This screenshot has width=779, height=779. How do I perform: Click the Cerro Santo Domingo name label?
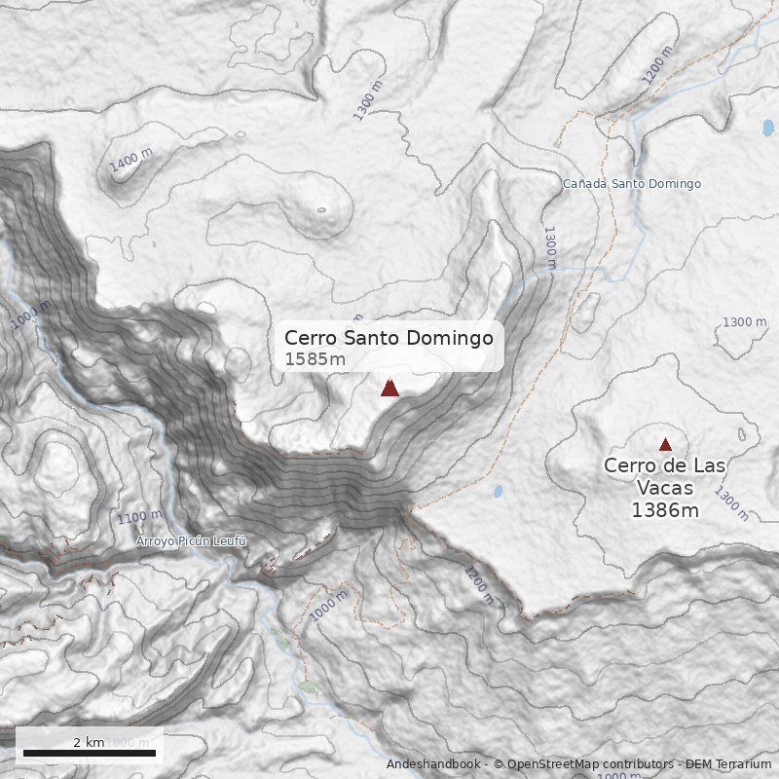point(389,338)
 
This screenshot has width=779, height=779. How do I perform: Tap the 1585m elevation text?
point(315,360)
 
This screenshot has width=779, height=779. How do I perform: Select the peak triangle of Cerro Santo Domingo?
point(389,389)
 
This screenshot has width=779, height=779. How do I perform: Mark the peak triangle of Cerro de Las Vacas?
point(665,445)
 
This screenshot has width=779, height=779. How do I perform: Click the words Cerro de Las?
point(665,466)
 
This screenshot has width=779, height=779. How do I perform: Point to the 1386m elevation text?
point(665,509)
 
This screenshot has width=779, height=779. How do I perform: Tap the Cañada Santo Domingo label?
point(632,184)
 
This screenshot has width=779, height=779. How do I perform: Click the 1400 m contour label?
point(131,161)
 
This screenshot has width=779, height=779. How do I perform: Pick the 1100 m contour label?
point(138,517)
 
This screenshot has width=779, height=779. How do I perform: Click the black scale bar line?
point(89,753)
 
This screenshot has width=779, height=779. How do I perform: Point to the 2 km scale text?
point(89,742)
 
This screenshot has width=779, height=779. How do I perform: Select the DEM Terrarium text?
point(727,765)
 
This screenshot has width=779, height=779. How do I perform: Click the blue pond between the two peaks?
point(498,491)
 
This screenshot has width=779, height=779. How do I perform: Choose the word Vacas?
point(665,488)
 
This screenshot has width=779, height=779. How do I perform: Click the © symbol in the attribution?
point(499,765)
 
